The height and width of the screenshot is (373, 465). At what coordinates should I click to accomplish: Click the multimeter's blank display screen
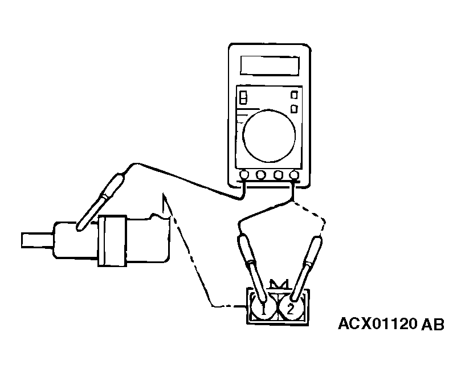(270, 65)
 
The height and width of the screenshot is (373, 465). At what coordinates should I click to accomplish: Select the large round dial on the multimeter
(269, 136)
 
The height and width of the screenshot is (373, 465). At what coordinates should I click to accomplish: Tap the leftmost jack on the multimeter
(244, 175)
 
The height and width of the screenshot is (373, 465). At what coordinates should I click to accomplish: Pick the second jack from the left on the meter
(260, 175)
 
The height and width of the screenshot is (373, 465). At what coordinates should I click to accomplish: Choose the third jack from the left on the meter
(278, 175)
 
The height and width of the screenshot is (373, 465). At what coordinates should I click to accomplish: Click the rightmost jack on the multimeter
(294, 175)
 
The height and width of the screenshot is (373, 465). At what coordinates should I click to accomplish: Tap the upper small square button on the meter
(294, 95)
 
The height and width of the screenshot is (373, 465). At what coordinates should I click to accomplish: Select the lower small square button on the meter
(294, 109)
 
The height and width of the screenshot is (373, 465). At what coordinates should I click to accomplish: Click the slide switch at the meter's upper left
(243, 97)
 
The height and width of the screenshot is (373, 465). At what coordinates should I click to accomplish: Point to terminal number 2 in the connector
(291, 309)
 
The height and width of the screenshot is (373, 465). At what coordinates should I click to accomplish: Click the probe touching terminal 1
(252, 268)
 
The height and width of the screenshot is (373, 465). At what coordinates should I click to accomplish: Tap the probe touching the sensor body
(101, 202)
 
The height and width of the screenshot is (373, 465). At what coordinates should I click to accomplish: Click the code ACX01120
(377, 324)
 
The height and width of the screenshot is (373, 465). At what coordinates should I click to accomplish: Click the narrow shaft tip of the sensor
(37, 240)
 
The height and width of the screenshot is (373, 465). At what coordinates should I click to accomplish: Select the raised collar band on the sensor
(112, 241)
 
